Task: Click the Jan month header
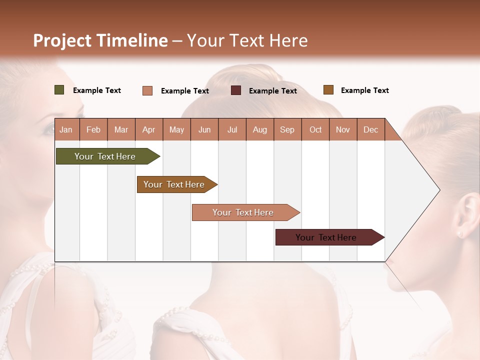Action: [66, 130]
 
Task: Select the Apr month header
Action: [149, 130]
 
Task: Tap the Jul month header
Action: [232, 130]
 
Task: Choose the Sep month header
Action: [287, 130]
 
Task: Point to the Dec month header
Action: [370, 130]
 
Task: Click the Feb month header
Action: [93, 130]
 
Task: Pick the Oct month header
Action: [315, 130]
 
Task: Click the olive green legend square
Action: [59, 90]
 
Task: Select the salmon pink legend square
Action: [147, 90]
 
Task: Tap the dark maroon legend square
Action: [236, 90]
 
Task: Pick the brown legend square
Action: [328, 90]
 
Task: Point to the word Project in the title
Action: [62, 40]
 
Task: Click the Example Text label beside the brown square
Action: [364, 90]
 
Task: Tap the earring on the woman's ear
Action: [460, 233]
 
